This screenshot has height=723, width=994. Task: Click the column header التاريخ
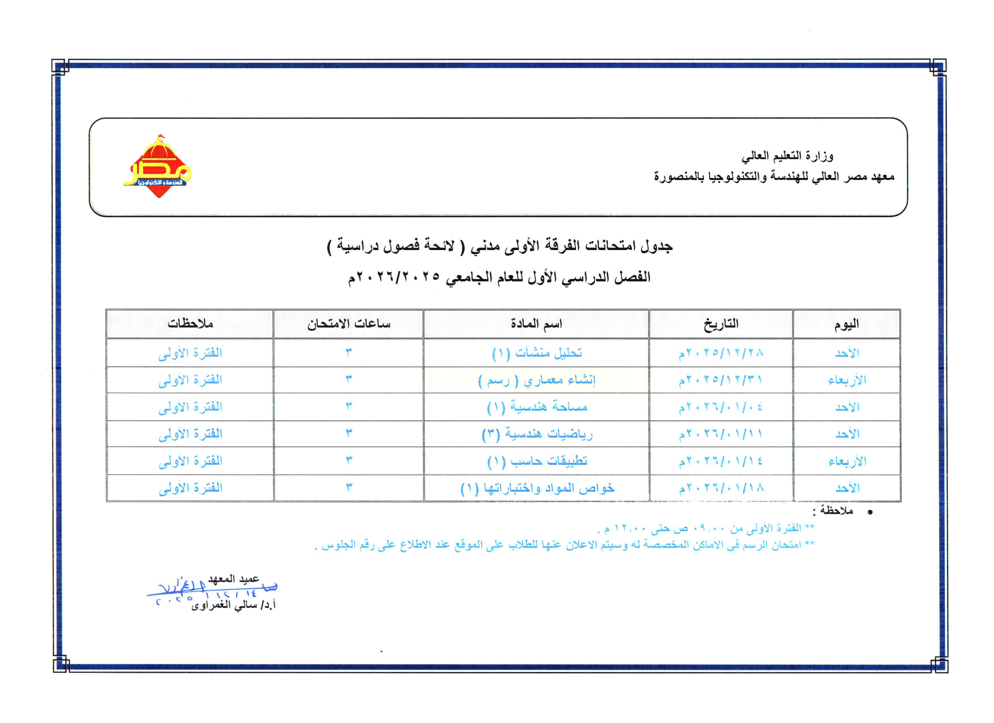[x=721, y=324]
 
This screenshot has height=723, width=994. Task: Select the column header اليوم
[x=846, y=324]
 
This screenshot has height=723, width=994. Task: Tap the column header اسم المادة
[x=536, y=324]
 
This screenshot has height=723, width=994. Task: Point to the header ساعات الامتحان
[x=349, y=324]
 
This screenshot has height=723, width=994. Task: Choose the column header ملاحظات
[x=190, y=324]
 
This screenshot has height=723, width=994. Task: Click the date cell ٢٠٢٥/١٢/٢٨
[x=721, y=353]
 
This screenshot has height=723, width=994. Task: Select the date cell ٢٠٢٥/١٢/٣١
[x=721, y=380]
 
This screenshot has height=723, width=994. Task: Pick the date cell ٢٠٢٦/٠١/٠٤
[x=721, y=407]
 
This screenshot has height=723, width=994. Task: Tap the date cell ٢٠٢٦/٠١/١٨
[x=721, y=487]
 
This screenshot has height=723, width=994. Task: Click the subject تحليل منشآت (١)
[x=537, y=353]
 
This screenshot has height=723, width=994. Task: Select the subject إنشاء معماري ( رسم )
[x=537, y=380]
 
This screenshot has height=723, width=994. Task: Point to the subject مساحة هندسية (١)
[x=537, y=407]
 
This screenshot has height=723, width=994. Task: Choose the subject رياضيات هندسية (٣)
[x=537, y=434]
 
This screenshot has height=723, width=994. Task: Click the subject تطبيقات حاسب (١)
[x=537, y=461]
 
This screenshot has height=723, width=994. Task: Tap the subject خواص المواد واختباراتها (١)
[x=537, y=487]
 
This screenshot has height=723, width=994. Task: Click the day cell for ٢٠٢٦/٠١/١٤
[x=847, y=461]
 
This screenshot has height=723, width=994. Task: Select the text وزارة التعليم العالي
[x=787, y=156]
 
